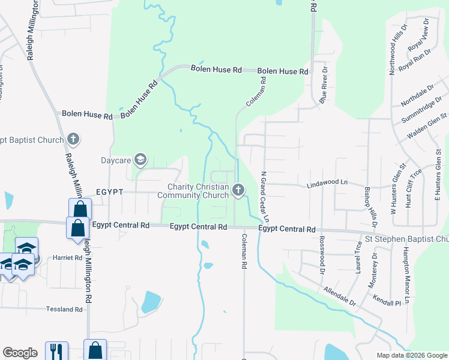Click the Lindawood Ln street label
[x=327, y=181]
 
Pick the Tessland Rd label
[x=64, y=310]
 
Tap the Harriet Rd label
[x=70, y=257]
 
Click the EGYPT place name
[x=109, y=191]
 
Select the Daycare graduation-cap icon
[x=140, y=160]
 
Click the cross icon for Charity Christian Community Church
[x=238, y=191]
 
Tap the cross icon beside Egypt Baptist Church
[x=73, y=140]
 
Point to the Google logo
[x=20, y=353]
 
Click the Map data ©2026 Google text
[x=411, y=355]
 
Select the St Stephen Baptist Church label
[x=409, y=239]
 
